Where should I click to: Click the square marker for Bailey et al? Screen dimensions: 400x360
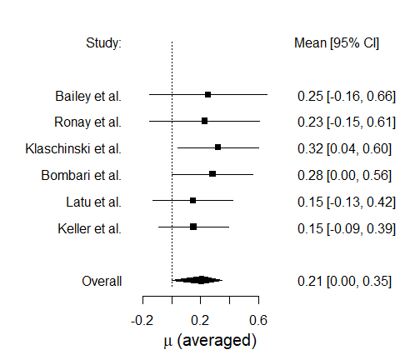207,95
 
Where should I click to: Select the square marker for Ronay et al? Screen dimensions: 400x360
204,121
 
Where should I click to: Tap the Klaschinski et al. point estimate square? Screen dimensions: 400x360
217,147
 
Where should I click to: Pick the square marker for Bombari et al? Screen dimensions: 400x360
212,174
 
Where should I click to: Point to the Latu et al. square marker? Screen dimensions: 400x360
192,200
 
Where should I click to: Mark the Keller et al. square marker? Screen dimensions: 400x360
193,227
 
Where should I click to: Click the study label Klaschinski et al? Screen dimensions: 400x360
73,149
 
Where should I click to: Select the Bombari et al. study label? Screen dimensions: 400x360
82,175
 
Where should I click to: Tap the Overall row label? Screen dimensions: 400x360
102,281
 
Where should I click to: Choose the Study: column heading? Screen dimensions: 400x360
103,43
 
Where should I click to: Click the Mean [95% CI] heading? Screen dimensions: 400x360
337,43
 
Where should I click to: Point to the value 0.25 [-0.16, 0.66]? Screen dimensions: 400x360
347,96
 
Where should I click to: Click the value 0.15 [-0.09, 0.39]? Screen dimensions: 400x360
347,228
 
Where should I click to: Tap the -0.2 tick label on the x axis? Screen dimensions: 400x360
142,320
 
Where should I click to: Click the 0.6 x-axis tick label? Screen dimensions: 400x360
258,320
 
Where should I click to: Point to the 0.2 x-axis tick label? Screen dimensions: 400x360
200,320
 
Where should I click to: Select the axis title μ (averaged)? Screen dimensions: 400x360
210,341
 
